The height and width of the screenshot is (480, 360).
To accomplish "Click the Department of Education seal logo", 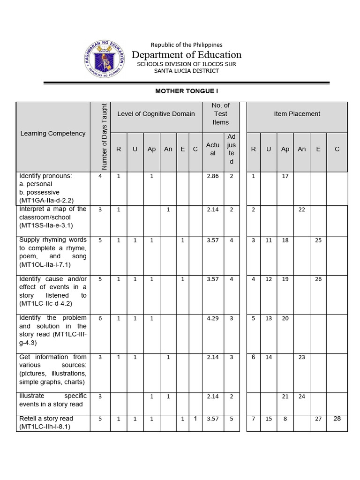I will point(104,59).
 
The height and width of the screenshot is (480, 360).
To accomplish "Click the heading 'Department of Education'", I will point(187,55).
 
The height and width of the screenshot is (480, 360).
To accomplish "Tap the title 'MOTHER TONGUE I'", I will point(187,91).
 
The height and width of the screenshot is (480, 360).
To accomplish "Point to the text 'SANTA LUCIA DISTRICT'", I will point(187,71).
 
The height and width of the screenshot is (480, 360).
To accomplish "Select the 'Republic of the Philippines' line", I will point(187,45).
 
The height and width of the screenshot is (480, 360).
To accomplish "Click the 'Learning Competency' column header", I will point(53,134).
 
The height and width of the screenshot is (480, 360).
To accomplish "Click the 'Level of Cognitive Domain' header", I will point(156,114).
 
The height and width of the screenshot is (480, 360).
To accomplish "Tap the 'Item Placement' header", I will point(297,114).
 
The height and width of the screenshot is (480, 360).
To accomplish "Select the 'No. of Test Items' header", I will point(221,114).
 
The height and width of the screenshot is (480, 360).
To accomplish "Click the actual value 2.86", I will point(212,176).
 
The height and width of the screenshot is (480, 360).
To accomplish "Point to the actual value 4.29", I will point(212,318).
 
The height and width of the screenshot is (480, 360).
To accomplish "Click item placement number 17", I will point(285,176).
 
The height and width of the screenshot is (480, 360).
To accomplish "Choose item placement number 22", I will point(301,210).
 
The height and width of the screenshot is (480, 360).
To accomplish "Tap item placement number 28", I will point(337,419).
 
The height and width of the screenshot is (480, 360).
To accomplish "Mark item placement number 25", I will point(318,240).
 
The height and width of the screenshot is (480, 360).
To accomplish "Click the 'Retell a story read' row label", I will point(46,419).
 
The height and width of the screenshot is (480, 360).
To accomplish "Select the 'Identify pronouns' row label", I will point(45,176).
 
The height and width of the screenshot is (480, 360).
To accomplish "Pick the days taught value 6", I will point(100,318).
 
